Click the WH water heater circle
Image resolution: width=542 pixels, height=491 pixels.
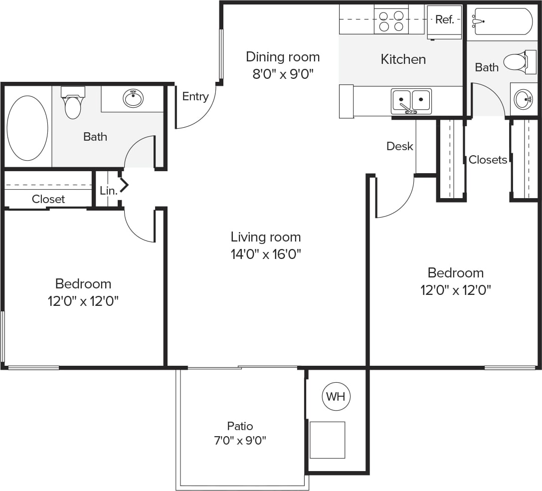[336, 397]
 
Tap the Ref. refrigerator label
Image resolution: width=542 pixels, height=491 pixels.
[444, 19]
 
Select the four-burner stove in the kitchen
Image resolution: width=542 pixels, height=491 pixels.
[391, 20]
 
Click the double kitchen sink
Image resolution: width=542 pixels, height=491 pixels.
[411, 101]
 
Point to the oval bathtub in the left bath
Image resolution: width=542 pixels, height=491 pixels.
[27, 128]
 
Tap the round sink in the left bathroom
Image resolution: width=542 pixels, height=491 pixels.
[133, 98]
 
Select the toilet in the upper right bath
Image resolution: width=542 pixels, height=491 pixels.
[516, 62]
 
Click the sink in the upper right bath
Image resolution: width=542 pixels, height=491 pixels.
[523, 99]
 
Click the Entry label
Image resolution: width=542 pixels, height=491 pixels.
[195, 96]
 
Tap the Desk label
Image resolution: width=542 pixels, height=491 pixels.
[399, 146]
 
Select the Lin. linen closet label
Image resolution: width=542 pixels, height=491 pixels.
[108, 191]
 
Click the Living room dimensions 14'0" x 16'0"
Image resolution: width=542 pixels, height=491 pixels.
[266, 254]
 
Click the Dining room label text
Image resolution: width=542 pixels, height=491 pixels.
[283, 57]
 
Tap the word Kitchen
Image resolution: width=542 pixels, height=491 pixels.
[403, 59]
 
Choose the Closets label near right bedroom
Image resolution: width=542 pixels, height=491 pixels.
[488, 160]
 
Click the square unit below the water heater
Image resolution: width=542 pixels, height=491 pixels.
[327, 440]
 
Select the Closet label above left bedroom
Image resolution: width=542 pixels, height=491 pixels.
[48, 199]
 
